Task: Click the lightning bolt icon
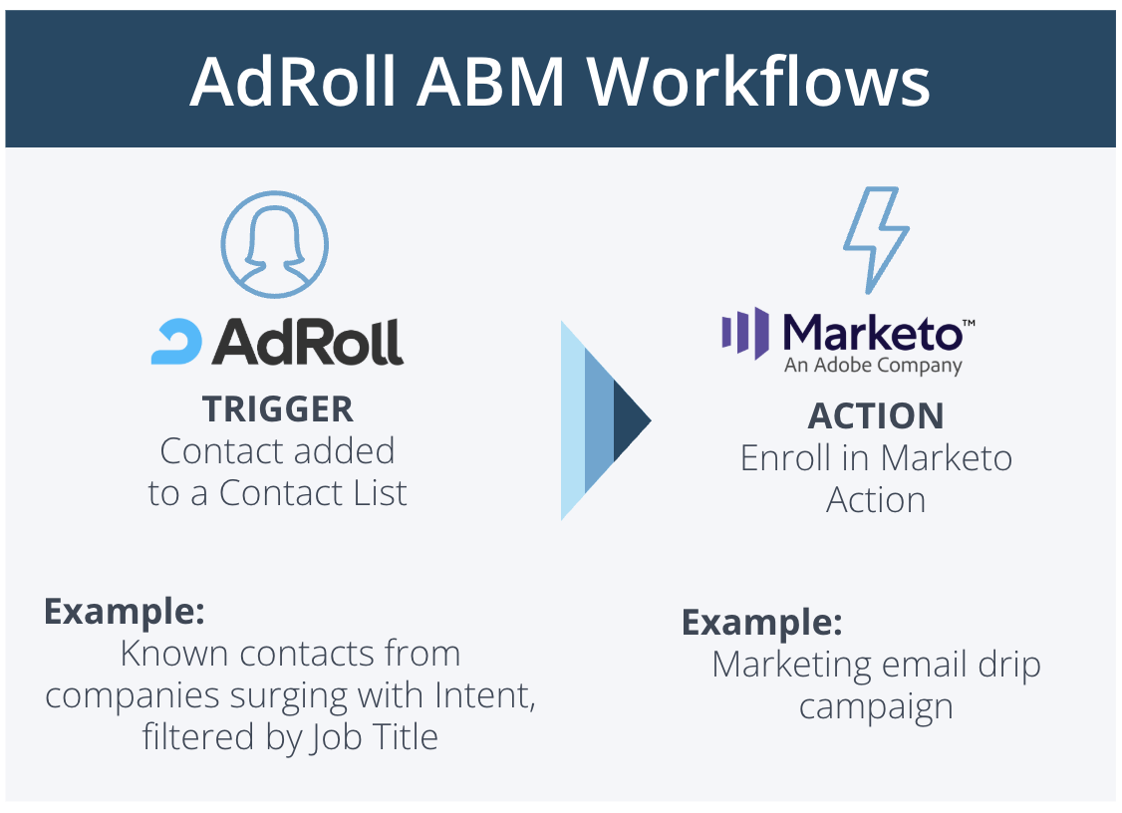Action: click(876, 240)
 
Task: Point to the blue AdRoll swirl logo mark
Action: click(177, 341)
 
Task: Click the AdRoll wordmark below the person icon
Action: click(307, 341)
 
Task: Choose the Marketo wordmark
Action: click(873, 332)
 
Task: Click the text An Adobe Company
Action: click(873, 366)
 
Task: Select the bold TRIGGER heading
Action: click(277, 408)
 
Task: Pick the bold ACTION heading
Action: click(876, 415)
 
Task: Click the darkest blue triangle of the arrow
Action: click(630, 420)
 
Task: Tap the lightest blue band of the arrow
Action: click(572, 420)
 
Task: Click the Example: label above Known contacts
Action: click(124, 611)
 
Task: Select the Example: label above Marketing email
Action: click(761, 622)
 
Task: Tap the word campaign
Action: click(876, 706)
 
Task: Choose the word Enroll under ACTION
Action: click(790, 457)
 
